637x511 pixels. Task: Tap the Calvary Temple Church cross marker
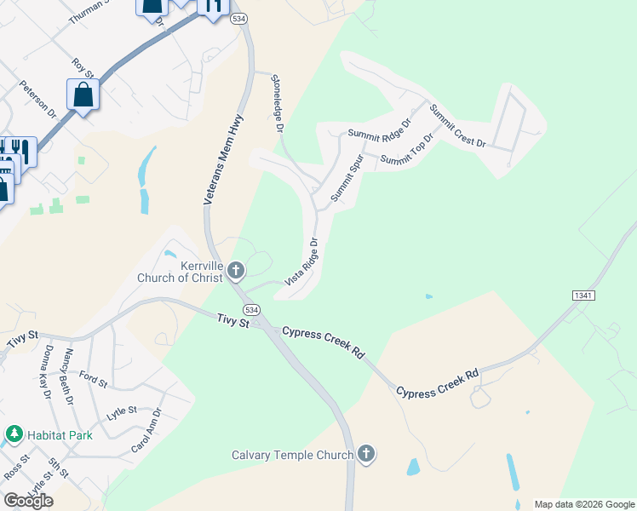click(366, 454)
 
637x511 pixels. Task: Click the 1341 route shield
click(583, 295)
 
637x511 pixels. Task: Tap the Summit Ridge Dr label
click(379, 129)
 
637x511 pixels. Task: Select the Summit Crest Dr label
click(456, 125)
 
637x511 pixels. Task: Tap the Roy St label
click(81, 68)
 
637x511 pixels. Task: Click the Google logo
click(28, 501)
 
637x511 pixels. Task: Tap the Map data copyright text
click(583, 504)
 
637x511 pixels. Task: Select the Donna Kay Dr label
click(47, 371)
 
